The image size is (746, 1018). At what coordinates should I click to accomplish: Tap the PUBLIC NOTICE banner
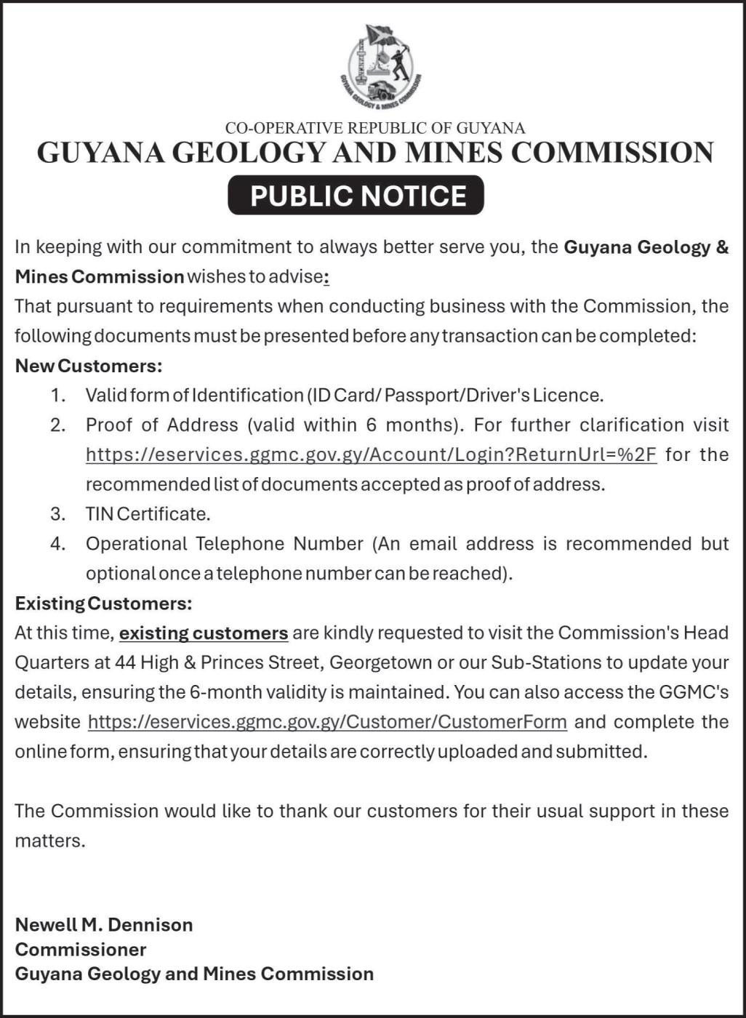pyautogui.click(x=356, y=196)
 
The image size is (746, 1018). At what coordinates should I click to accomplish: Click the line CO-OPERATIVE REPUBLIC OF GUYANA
pyautogui.click(x=374, y=128)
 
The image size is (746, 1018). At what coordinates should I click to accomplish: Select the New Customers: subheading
pyautogui.click(x=88, y=365)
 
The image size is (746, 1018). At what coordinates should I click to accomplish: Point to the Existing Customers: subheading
pyautogui.click(x=103, y=603)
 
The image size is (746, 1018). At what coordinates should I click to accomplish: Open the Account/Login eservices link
pyautogui.click(x=371, y=454)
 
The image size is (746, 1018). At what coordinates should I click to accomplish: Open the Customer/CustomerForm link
pyautogui.click(x=327, y=721)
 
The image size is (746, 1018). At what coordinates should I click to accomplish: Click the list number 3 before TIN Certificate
pyautogui.click(x=58, y=514)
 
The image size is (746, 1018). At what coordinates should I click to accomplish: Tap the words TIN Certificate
pyautogui.click(x=148, y=514)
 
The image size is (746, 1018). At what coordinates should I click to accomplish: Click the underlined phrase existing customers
pyautogui.click(x=204, y=633)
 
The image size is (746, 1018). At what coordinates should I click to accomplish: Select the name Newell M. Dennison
pyautogui.click(x=104, y=924)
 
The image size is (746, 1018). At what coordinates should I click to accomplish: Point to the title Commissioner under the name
pyautogui.click(x=81, y=949)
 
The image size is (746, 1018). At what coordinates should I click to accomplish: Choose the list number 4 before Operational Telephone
pyautogui.click(x=58, y=544)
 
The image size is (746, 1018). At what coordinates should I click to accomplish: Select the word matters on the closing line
pyautogui.click(x=49, y=841)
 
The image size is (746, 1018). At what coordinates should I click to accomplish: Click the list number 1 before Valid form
pyautogui.click(x=58, y=395)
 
